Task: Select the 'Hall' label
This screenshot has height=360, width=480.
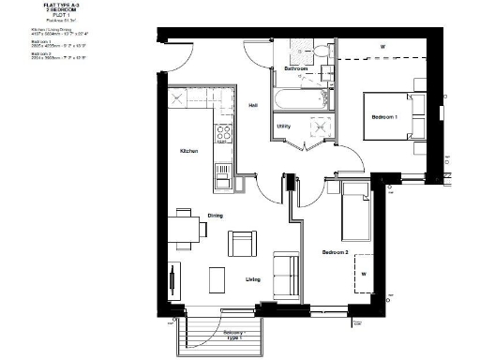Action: tap(253, 106)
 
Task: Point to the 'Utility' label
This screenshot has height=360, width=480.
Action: tap(282, 125)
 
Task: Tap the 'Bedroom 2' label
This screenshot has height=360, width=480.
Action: tap(335, 253)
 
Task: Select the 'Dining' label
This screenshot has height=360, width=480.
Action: tap(215, 217)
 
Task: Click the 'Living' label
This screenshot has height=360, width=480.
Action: tap(253, 278)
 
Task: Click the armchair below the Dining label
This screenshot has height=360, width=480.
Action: tap(241, 245)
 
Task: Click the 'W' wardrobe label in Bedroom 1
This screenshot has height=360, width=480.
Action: tap(382, 47)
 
